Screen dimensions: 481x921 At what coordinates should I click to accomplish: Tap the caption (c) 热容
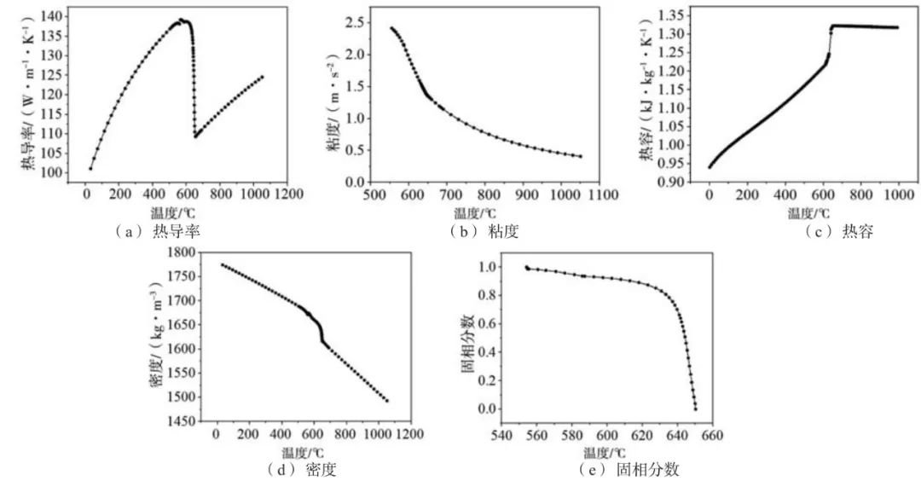(840, 231)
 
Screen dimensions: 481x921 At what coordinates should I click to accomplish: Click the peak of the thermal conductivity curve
(181, 20)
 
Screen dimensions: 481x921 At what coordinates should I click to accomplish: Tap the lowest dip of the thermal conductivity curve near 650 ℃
(196, 136)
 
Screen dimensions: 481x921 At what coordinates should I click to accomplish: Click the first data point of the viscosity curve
(391, 28)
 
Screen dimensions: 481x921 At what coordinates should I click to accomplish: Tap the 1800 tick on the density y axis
(184, 252)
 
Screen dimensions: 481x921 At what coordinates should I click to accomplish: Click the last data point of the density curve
(386, 401)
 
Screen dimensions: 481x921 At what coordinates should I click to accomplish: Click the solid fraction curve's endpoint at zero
(695, 409)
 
